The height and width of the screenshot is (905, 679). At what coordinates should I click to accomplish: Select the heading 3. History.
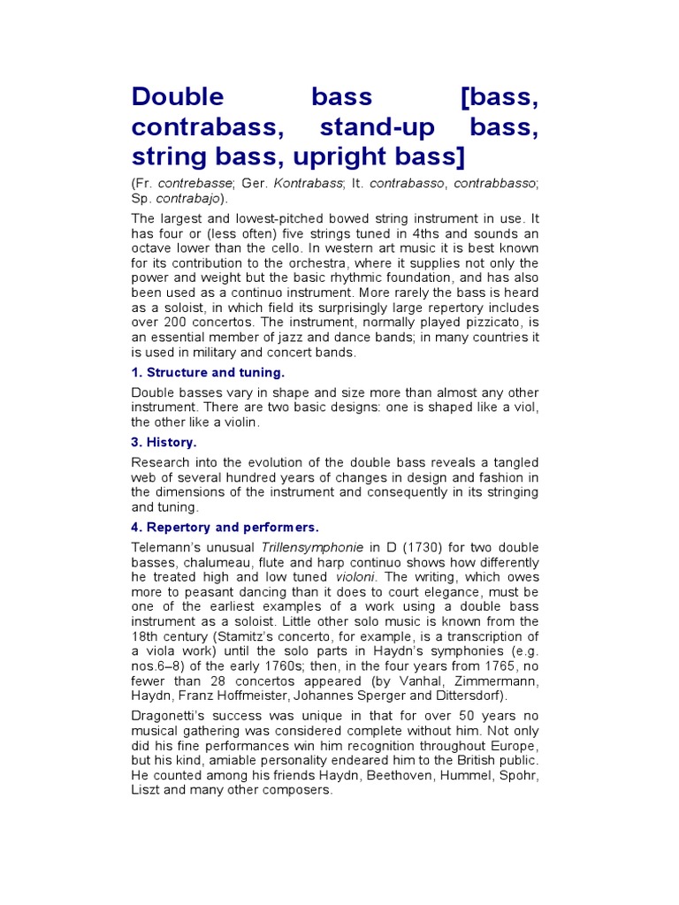pos(164,441)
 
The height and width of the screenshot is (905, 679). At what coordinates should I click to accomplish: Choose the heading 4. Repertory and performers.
pos(225,528)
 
